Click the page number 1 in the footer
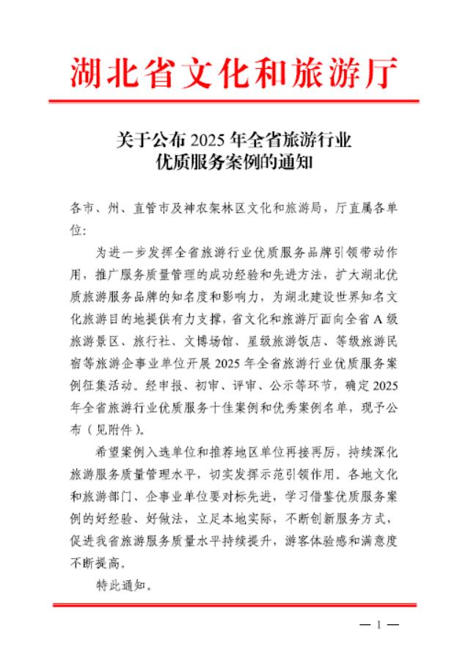click(x=379, y=626)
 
